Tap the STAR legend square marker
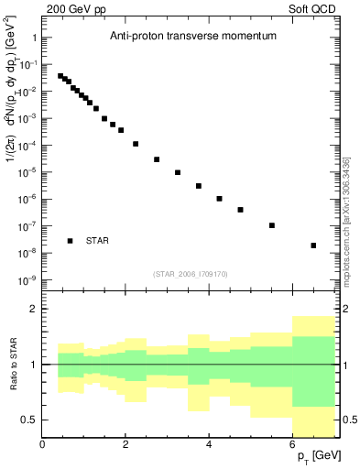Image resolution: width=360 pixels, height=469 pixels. point(70,241)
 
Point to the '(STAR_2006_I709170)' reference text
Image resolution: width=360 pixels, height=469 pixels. point(191,273)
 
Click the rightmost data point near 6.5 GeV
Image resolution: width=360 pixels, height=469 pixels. point(313,245)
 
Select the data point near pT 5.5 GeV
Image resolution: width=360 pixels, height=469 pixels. point(272,225)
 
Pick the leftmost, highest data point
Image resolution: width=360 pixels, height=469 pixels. point(60,76)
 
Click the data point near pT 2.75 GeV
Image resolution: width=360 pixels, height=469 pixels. point(157,159)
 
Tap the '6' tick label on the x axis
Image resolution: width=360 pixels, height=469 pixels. point(293,444)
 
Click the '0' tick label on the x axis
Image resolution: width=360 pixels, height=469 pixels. point(43,444)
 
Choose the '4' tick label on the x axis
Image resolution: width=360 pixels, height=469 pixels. point(210,444)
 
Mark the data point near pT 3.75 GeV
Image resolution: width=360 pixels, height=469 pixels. point(199,186)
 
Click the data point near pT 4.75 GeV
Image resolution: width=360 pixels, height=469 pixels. point(240,210)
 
